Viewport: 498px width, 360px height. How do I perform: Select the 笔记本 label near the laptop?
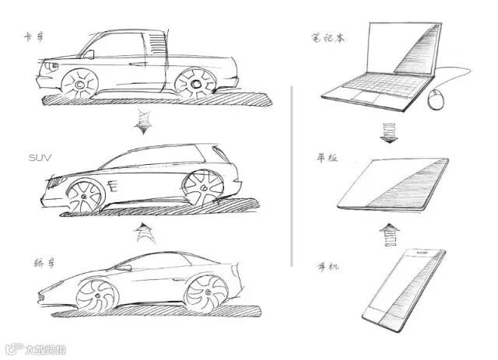pyautogui.click(x=325, y=36)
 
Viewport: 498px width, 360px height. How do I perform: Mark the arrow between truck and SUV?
pyautogui.click(x=141, y=122)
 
